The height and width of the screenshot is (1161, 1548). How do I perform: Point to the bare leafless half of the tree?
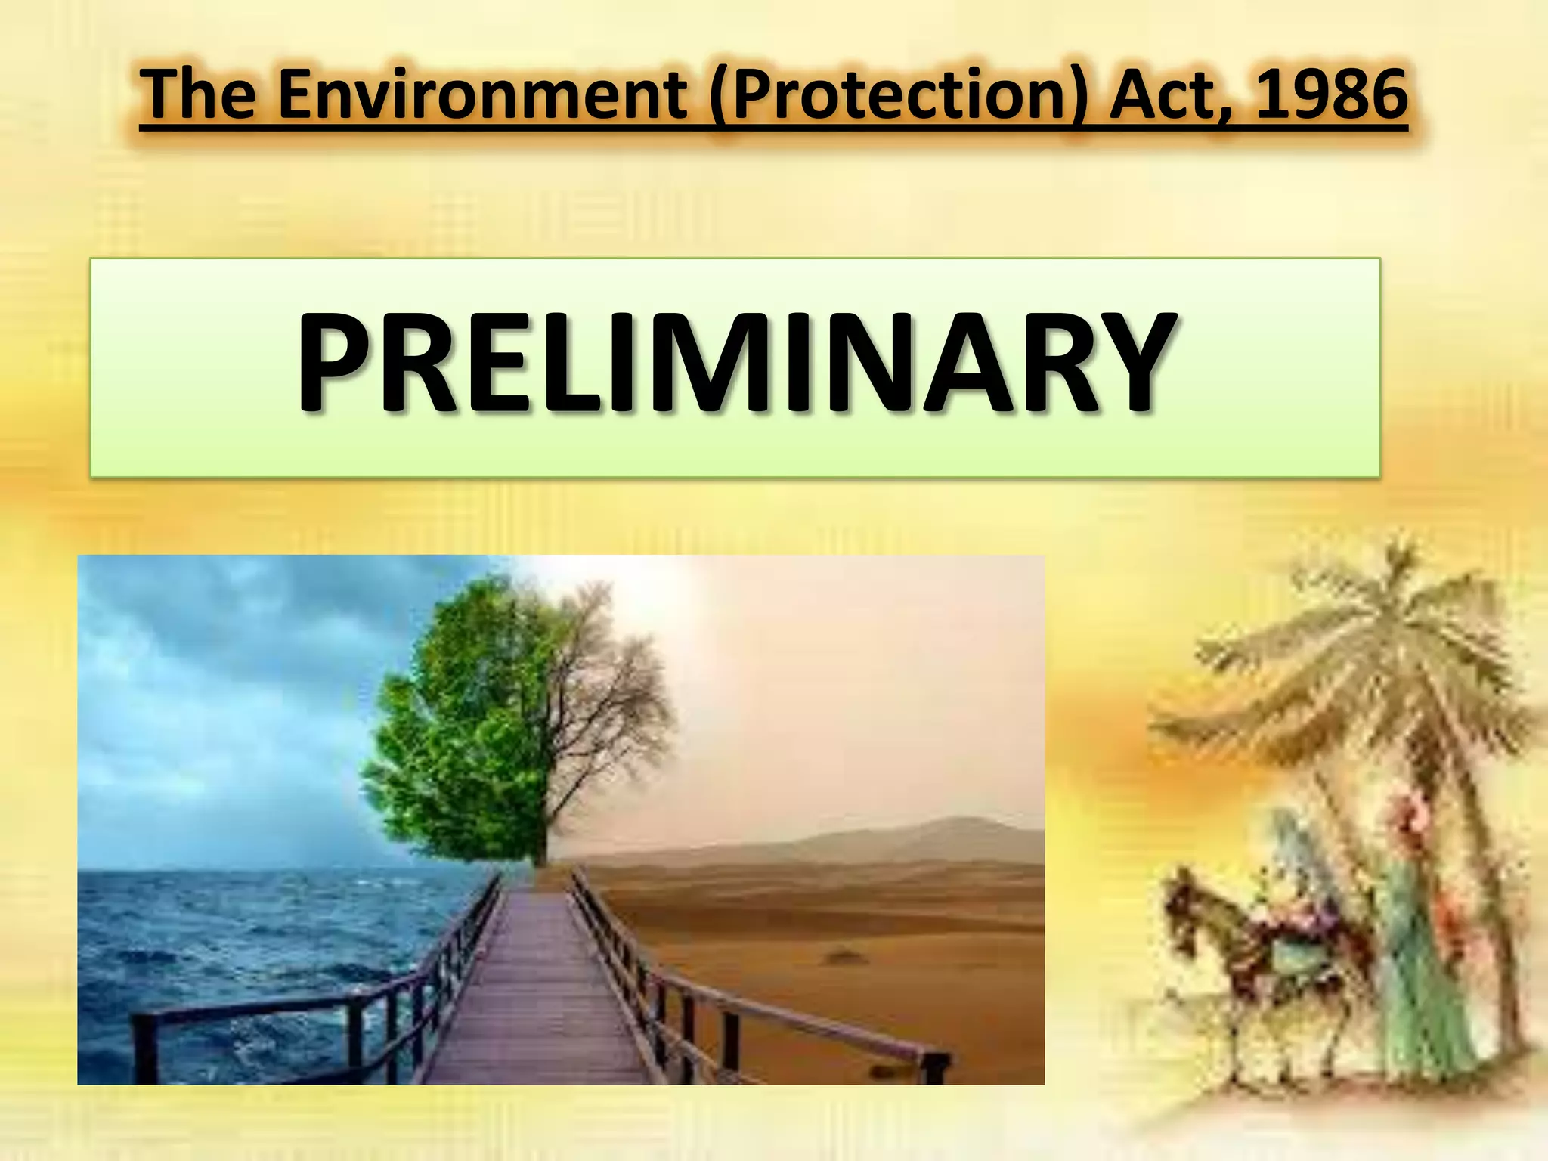coord(620,703)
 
